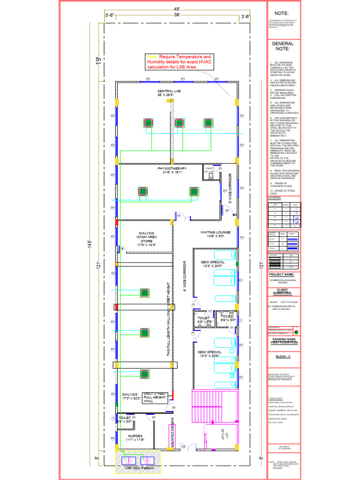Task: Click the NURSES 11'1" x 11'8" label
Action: point(135,438)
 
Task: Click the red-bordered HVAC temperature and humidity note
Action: point(179,62)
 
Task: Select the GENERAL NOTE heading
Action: point(283,46)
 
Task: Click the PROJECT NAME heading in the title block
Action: point(282,275)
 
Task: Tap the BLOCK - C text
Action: point(283,356)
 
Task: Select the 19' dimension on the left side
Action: point(99,61)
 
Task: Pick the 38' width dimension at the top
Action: point(177,15)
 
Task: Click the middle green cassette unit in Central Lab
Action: point(179,123)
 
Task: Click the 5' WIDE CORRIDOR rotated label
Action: point(230,187)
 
